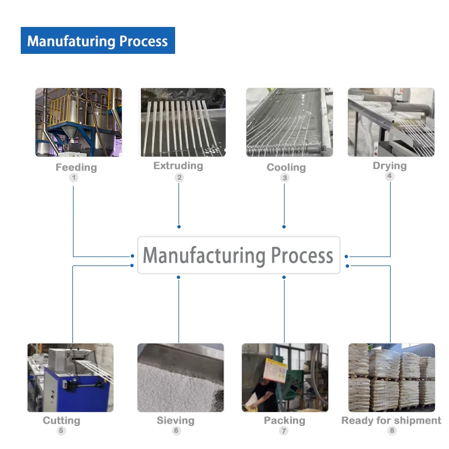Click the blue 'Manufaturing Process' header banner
(x=98, y=41)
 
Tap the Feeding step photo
(x=79, y=122)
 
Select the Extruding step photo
(x=182, y=122)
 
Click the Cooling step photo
(x=289, y=122)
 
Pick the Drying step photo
(x=391, y=122)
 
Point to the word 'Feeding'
(x=76, y=167)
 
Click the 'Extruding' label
(x=178, y=166)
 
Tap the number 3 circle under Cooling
(x=285, y=178)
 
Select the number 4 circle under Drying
(x=390, y=176)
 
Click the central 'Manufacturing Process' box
(x=239, y=255)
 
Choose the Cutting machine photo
(x=70, y=378)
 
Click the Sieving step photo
(x=180, y=378)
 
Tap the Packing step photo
(x=285, y=378)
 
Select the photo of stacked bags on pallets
(x=391, y=378)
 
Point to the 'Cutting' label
(x=62, y=420)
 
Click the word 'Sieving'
(x=176, y=420)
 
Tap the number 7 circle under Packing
(x=284, y=431)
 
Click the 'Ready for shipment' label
(x=391, y=420)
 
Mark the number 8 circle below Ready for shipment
(x=392, y=431)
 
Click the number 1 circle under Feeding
(x=74, y=178)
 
